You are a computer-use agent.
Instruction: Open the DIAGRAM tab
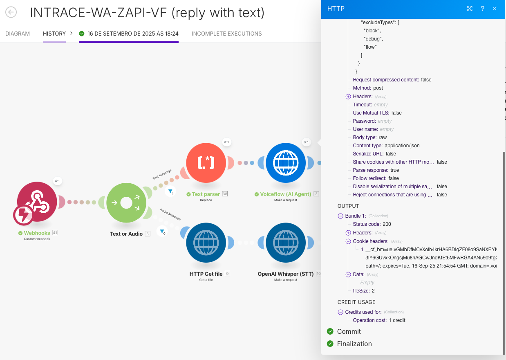(18, 34)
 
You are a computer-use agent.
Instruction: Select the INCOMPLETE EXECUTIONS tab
(226, 34)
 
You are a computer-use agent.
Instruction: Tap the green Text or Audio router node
(126, 202)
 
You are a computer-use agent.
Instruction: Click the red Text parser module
(206, 163)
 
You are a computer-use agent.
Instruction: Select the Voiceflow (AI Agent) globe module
(286, 163)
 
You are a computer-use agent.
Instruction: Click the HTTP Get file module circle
(206, 243)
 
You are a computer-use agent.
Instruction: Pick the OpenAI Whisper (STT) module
(286, 243)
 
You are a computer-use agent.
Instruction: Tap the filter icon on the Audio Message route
(162, 231)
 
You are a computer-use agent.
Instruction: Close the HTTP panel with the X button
(495, 9)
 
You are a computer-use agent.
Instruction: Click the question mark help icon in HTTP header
(482, 9)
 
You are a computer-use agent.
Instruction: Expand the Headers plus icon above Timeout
(348, 97)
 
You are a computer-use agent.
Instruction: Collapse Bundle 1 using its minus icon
(340, 216)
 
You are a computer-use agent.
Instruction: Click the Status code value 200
(387, 224)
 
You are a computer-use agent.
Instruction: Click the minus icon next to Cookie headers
(348, 241)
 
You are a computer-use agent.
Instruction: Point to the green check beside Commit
(330, 331)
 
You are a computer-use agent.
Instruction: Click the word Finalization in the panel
(354, 344)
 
